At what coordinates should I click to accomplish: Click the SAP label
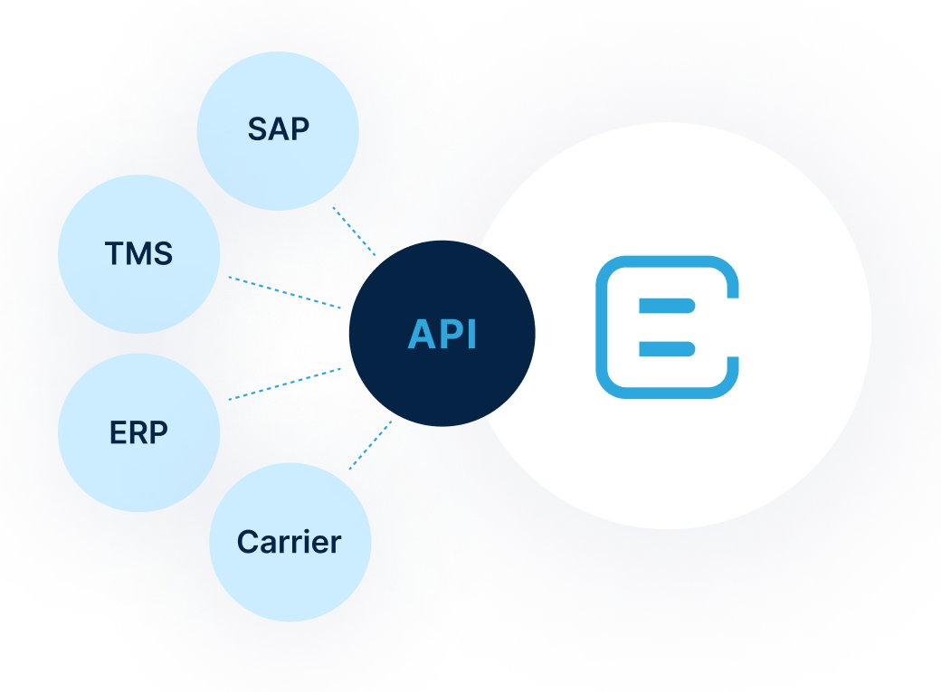(278, 129)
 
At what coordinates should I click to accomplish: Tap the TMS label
(138, 254)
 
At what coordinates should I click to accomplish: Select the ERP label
(138, 433)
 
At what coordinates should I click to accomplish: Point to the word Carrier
(290, 542)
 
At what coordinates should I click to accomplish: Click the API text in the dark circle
(442, 335)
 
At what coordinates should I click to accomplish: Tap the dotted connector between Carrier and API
(371, 445)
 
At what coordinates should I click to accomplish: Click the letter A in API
(422, 335)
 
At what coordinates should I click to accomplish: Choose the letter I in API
(470, 335)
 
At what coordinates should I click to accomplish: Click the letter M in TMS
(138, 254)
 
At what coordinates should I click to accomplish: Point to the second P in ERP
(158, 433)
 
